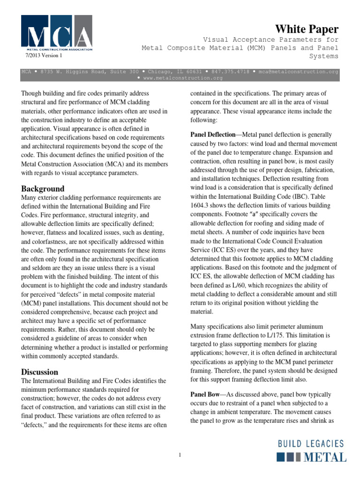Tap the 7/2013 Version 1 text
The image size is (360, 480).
click(x=43, y=55)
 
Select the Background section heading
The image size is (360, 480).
click(x=43, y=188)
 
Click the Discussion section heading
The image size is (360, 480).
click(x=40, y=372)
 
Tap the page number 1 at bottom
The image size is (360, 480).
click(x=180, y=454)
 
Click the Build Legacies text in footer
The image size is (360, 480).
click(x=311, y=443)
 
